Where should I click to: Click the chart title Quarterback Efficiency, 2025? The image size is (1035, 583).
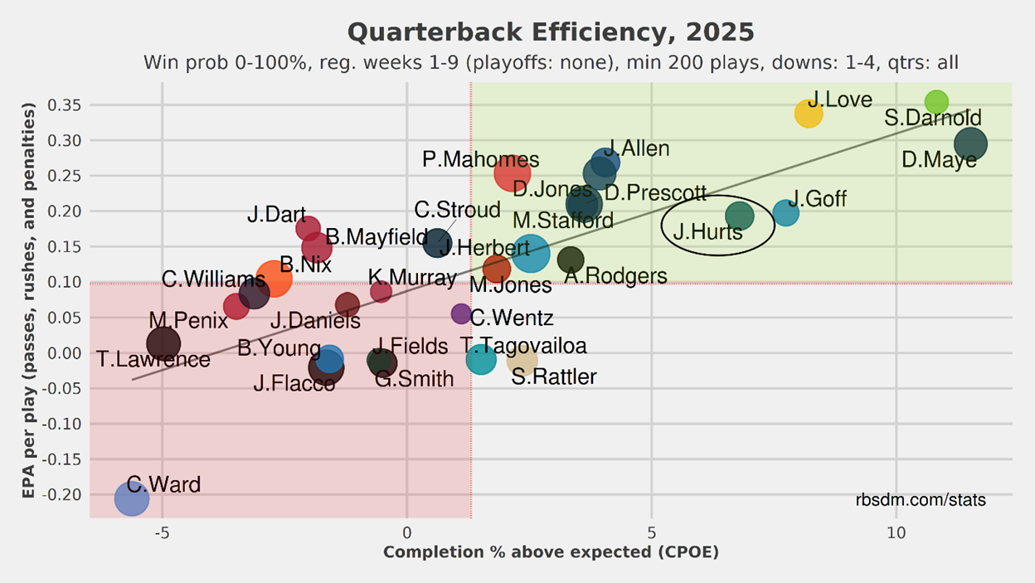point(551,33)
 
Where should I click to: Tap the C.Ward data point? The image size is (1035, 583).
point(131,499)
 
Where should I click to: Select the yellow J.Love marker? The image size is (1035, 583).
point(809,114)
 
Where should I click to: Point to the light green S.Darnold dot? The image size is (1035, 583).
point(936,102)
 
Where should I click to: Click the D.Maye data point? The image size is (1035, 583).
point(970,143)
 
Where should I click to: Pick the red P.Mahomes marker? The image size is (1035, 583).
point(513,173)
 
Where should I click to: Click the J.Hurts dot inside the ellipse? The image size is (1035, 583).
point(739,216)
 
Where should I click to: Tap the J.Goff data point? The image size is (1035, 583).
point(785,213)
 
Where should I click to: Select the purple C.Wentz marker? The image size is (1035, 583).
point(461,313)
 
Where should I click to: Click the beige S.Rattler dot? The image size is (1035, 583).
point(522,360)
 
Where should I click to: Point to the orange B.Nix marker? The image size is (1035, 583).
point(274,279)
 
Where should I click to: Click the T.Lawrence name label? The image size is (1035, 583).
point(153,360)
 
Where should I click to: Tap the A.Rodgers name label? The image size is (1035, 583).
point(615,276)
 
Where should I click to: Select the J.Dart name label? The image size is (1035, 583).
point(276,216)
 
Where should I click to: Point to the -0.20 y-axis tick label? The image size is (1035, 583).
point(63,494)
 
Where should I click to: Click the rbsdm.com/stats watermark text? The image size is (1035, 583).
point(921,501)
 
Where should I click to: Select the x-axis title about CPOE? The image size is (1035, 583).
point(551,552)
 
